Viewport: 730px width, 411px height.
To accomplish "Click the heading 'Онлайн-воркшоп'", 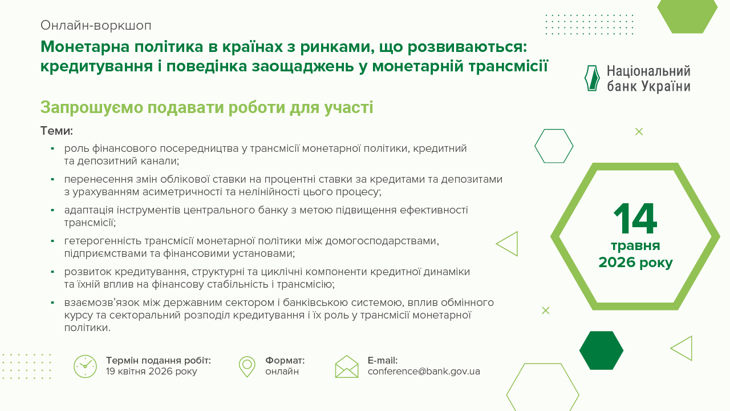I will click(x=96, y=26).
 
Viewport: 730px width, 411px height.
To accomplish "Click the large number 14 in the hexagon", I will click(x=635, y=219).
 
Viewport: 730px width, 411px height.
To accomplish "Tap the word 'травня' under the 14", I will click(x=635, y=246).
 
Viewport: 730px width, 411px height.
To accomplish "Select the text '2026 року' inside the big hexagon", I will click(x=635, y=263).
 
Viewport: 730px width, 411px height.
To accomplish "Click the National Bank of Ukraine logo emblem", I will click(x=593, y=78).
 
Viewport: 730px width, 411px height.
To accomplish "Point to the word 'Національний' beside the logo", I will click(x=648, y=71).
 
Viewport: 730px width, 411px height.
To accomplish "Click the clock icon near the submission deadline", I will click(x=85, y=366).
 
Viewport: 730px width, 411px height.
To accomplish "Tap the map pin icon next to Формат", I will click(x=247, y=366).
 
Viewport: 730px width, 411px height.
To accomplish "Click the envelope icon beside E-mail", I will click(x=347, y=366).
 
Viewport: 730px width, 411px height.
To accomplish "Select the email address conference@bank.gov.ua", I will click(x=424, y=372).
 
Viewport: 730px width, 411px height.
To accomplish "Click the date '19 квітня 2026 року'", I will click(x=152, y=372).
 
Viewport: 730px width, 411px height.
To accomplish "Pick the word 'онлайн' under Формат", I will click(x=282, y=372).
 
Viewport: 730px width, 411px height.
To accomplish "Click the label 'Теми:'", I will click(x=56, y=131).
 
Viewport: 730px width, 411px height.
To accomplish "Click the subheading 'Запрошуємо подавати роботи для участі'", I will click(x=206, y=107).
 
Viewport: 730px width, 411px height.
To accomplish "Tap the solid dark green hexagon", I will click(x=601, y=350).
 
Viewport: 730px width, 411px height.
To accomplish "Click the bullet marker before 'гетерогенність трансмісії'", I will click(x=52, y=241).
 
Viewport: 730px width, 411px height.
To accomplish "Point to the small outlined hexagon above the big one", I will click(x=554, y=146).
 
